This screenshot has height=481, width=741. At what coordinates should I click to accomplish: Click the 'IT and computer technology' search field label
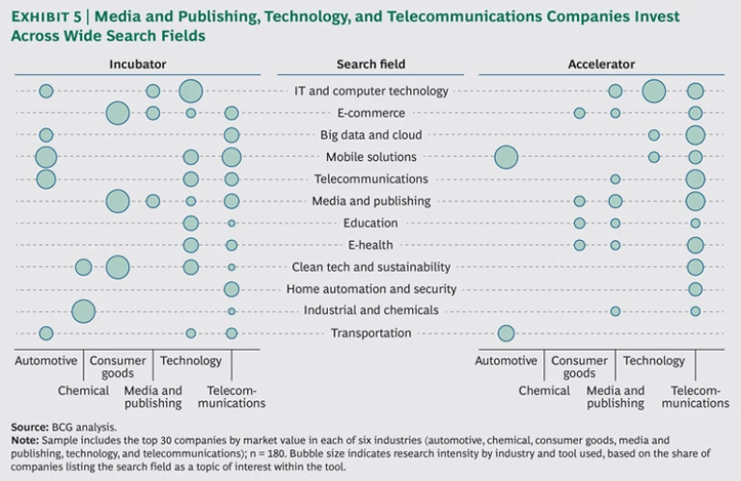pyautogui.click(x=370, y=91)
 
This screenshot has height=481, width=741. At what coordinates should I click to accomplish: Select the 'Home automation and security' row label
pyautogui.click(x=371, y=289)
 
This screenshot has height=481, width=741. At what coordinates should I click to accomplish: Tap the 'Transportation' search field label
pyautogui.click(x=370, y=334)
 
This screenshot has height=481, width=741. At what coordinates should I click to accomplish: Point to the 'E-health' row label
pyautogui.click(x=370, y=245)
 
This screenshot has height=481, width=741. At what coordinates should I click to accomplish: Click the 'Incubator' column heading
pyautogui.click(x=138, y=64)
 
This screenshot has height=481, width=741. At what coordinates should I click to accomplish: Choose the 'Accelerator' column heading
pyautogui.click(x=601, y=64)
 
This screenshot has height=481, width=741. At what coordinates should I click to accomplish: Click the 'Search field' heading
pyautogui.click(x=370, y=64)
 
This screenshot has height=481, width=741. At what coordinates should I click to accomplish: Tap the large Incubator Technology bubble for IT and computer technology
pyautogui.click(x=191, y=91)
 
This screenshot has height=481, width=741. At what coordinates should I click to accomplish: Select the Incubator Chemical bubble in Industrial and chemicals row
pyautogui.click(x=83, y=311)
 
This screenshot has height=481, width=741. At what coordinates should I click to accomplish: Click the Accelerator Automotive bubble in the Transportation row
pyautogui.click(x=506, y=334)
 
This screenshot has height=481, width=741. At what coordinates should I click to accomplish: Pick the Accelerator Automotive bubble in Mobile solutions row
pyautogui.click(x=506, y=157)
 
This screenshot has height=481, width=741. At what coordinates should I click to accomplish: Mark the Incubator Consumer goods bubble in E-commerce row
pyautogui.click(x=118, y=113)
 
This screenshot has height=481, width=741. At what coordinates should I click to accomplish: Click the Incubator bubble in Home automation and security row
pyautogui.click(x=232, y=289)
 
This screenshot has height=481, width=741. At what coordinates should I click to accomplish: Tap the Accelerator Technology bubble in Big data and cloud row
pyautogui.click(x=654, y=135)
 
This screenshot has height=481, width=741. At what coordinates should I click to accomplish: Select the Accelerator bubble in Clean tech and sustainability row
pyautogui.click(x=695, y=267)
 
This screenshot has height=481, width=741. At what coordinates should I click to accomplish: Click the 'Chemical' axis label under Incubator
pyautogui.click(x=83, y=390)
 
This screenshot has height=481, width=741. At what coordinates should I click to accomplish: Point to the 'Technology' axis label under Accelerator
pyautogui.click(x=653, y=361)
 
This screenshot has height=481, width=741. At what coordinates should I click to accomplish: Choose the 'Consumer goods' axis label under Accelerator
pyautogui.click(x=579, y=366)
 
